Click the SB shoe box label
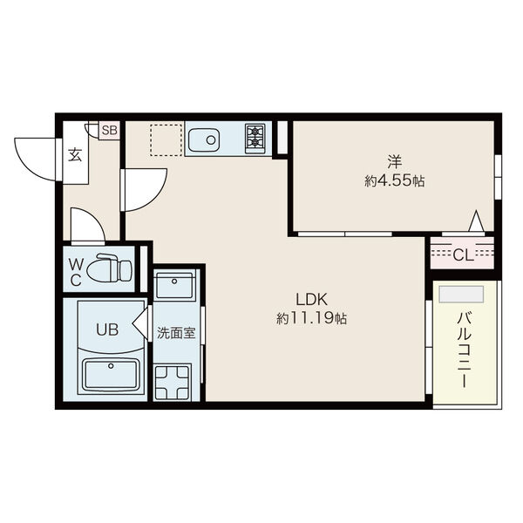pos(110,130)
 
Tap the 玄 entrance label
pos(75,154)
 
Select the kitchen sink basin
pos(203,140)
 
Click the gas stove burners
pos(255,139)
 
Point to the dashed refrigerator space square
pos(166,140)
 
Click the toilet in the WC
pos(110,268)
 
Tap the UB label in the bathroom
pos(107,329)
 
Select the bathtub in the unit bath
pos(111,375)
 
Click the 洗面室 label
pos(176,333)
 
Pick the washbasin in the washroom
pos(174,286)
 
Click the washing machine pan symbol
pos(173,383)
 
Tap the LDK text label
pos(311,300)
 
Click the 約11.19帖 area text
pos(311,318)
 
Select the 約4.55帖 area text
pos(395,181)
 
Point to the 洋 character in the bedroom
pos(395,162)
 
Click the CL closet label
pos(464,255)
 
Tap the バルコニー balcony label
pos(465,350)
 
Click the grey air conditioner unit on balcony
pos(461,294)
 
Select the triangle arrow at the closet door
pos(476,221)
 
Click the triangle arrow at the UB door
pos(140,323)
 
